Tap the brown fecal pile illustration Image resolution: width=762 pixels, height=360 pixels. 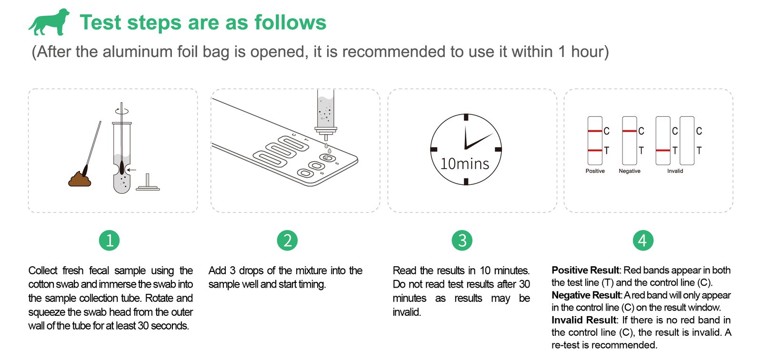point(80,179)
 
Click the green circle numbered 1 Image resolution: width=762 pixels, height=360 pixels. point(109,240)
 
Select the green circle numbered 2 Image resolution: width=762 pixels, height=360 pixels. point(287,240)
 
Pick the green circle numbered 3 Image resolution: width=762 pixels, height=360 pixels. point(462,240)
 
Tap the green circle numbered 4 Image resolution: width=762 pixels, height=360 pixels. point(643,240)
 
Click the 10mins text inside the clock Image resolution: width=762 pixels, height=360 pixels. point(465,164)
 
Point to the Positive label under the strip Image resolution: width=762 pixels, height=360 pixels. point(595,171)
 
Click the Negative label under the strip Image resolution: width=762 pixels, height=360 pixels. point(629,171)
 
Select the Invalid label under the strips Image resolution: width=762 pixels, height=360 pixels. point(675,171)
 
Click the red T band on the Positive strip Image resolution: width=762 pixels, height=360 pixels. point(595,150)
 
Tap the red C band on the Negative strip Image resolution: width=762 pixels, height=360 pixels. point(629,131)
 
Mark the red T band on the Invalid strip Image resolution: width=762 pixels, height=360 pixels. point(663,150)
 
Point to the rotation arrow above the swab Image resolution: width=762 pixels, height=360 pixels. point(122,111)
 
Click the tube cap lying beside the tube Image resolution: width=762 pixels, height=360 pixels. point(148,183)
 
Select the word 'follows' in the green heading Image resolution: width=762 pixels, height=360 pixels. point(291,22)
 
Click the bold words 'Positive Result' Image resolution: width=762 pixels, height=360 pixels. point(585,270)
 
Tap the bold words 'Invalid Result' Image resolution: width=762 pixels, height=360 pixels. point(584,320)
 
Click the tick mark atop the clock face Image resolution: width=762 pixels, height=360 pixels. point(466,118)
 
